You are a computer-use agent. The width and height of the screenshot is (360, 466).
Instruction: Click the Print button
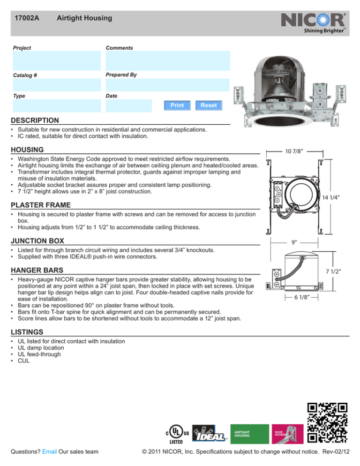tap(177, 105)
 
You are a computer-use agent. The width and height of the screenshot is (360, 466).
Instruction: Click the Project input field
tap(56, 60)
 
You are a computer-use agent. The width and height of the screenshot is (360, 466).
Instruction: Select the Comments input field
tap(167, 60)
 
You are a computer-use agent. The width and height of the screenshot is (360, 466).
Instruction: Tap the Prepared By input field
tap(167, 85)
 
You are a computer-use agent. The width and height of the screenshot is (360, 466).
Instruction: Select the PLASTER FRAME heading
tap(42, 205)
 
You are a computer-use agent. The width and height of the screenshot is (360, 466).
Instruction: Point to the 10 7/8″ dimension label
tap(293, 151)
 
